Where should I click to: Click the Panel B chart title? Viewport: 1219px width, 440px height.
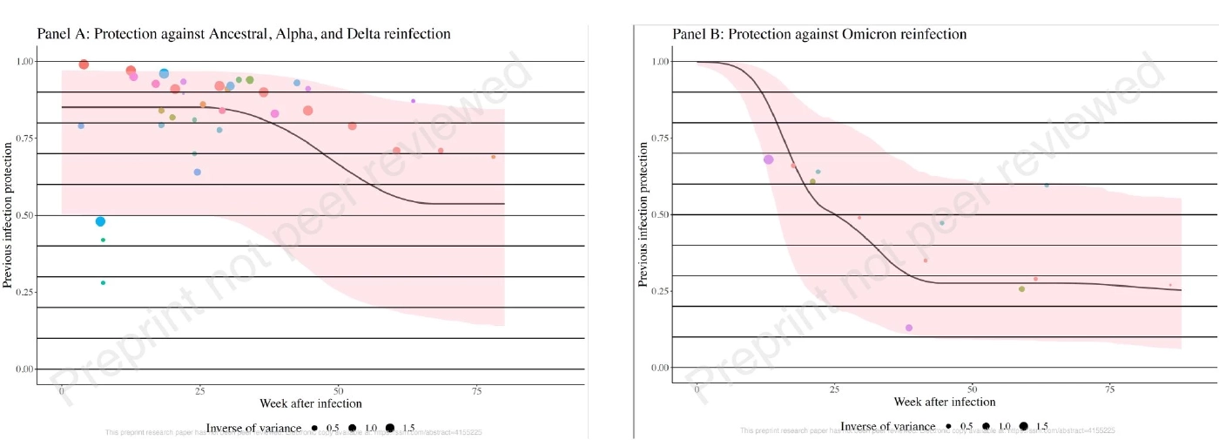[819, 34]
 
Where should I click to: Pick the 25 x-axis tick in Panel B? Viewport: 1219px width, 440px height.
[834, 389]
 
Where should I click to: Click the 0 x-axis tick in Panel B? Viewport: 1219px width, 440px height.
[697, 389]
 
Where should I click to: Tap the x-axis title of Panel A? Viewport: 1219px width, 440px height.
[311, 403]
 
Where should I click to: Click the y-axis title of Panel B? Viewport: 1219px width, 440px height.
[643, 215]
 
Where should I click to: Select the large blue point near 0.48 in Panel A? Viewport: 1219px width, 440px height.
[100, 221]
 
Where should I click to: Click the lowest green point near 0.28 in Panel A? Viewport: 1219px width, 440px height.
[103, 282]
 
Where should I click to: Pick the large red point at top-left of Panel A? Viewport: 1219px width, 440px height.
[84, 64]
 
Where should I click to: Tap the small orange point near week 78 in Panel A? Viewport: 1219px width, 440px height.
[493, 157]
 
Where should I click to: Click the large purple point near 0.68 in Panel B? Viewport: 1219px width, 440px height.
[768, 159]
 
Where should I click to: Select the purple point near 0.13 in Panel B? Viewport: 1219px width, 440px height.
[909, 328]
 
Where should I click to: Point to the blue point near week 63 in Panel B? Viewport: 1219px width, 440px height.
[1047, 185]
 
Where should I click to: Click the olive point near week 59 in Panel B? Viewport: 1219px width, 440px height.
[1021, 288]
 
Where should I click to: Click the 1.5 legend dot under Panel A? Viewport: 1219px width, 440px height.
[390, 427]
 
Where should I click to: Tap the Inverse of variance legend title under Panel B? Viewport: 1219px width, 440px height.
[887, 426]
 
